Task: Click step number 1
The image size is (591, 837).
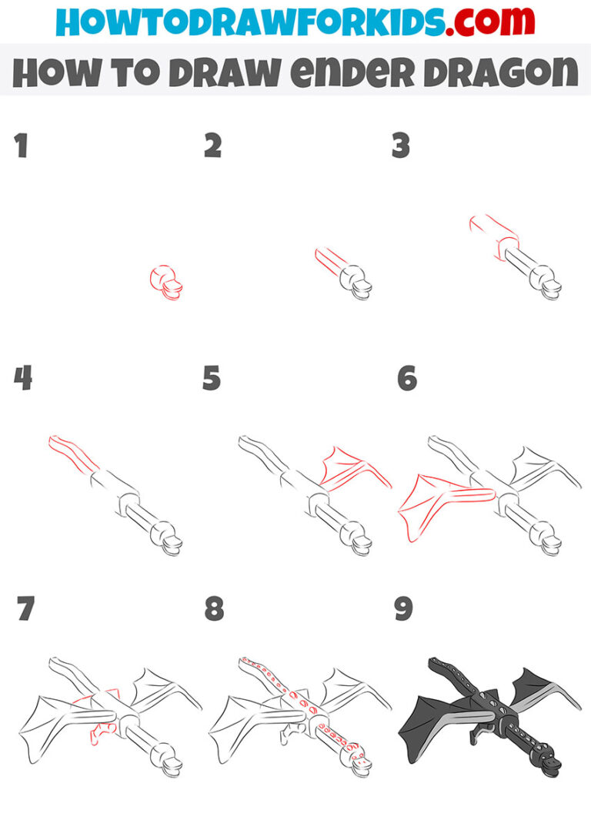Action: point(22,146)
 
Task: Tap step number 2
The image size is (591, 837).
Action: point(212,146)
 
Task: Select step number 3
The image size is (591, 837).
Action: point(401,146)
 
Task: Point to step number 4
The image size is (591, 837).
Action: point(22,378)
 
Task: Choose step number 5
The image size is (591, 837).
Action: point(212,378)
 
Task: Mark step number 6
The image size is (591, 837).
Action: point(406,378)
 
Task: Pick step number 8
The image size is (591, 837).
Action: point(213,609)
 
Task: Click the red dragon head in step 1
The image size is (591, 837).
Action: point(166,282)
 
